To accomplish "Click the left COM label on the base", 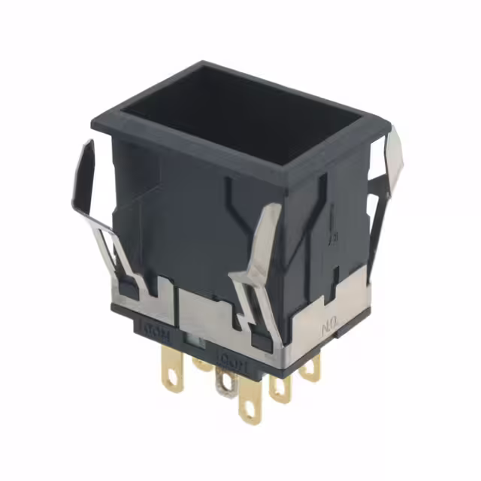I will (x=153, y=330).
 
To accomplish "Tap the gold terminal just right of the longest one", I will (x=280, y=387).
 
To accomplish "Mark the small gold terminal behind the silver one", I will (x=201, y=364).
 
